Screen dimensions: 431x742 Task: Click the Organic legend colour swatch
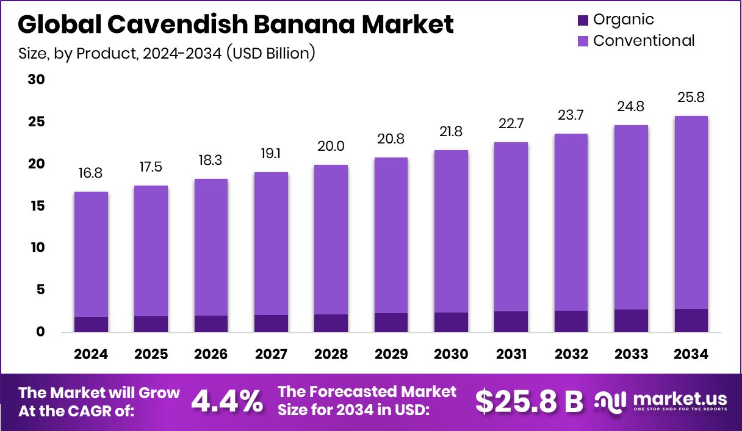point(583,20)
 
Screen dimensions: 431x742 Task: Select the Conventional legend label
point(644,41)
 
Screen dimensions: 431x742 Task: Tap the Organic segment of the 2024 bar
point(91,324)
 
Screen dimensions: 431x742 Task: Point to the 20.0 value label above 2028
point(331,147)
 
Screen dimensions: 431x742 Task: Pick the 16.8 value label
point(91,173)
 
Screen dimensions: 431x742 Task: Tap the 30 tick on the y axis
point(37,80)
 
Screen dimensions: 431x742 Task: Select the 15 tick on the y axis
point(37,206)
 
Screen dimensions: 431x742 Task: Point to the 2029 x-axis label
point(391,354)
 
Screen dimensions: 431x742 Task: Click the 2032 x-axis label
point(572,354)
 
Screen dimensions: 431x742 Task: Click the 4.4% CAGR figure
point(227,401)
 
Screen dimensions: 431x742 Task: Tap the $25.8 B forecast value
point(529,401)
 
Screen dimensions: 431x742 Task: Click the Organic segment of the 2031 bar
point(511,321)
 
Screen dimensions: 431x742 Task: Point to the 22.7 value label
point(511,124)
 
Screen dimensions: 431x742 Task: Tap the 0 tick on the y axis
point(40,332)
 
